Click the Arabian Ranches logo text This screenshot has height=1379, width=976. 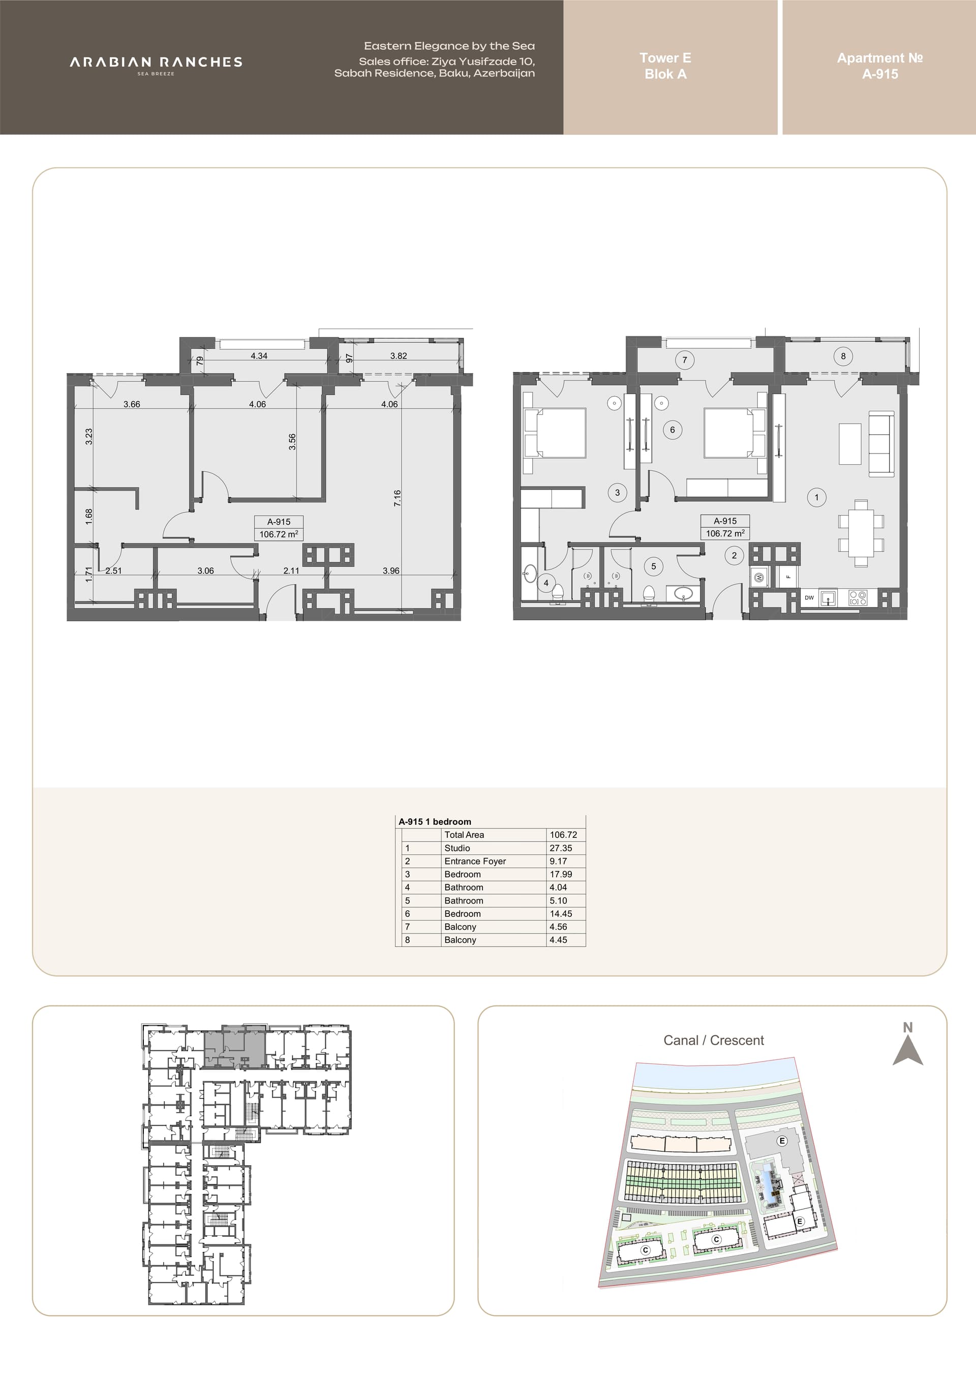(x=156, y=62)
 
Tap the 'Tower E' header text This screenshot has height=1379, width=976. (x=665, y=58)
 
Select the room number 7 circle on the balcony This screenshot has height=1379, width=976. (x=685, y=360)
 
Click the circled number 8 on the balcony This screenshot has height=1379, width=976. (x=843, y=356)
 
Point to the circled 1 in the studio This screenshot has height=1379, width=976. (x=817, y=497)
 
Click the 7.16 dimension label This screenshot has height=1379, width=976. (x=397, y=498)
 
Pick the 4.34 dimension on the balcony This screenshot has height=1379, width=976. (x=259, y=356)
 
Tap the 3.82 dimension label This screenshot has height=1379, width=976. (x=399, y=356)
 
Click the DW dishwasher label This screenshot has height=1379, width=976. (x=809, y=598)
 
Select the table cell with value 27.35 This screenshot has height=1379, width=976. (x=561, y=848)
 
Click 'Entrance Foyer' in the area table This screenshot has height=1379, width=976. (x=475, y=861)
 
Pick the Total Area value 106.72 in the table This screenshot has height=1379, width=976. (x=564, y=835)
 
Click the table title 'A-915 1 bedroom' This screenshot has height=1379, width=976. (x=435, y=822)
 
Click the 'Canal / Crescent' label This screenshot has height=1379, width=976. (x=713, y=1040)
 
